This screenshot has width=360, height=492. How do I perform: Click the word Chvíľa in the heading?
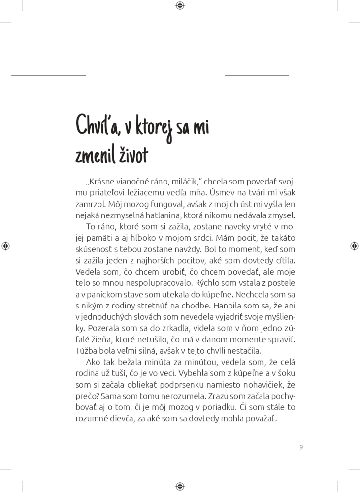click(x=97, y=126)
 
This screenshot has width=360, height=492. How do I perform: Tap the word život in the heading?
click(x=131, y=156)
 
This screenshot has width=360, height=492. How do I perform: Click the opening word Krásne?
click(x=99, y=182)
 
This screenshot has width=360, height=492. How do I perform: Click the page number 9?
click(x=301, y=447)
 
